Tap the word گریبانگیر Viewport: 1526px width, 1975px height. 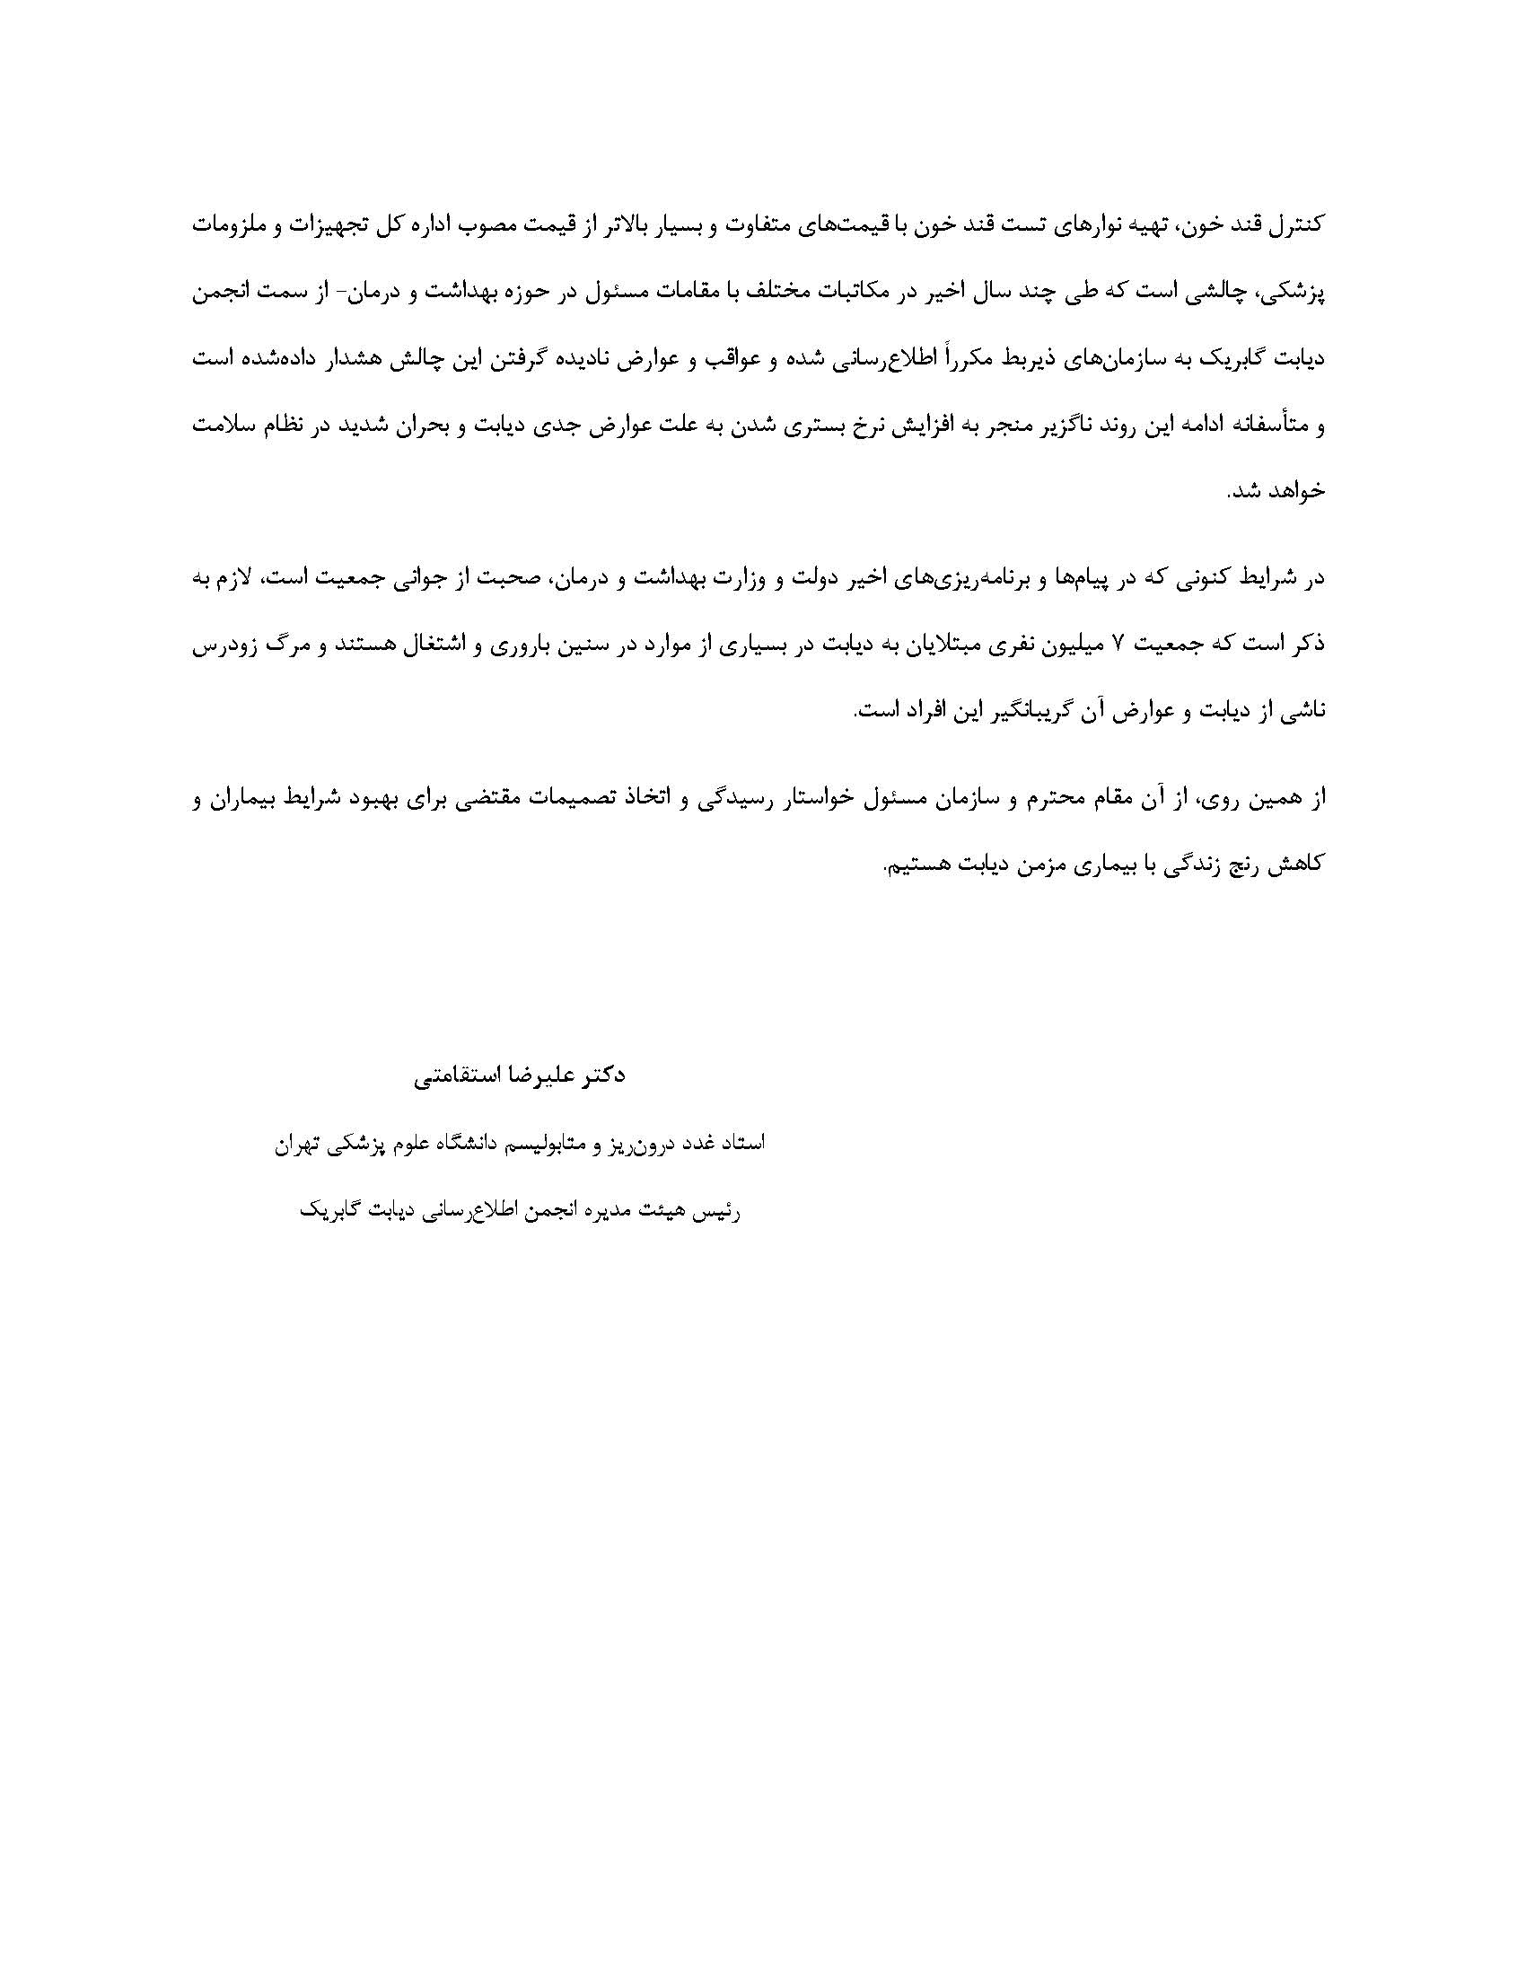[1009, 711]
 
